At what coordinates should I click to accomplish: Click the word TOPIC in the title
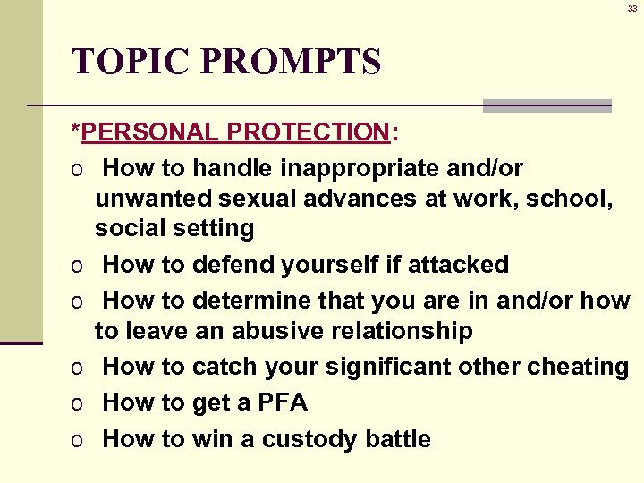click(131, 62)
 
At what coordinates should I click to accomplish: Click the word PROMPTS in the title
click(292, 62)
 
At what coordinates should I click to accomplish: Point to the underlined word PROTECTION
click(308, 132)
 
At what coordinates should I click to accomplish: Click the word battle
click(398, 439)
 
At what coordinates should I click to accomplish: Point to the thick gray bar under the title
click(547, 105)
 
